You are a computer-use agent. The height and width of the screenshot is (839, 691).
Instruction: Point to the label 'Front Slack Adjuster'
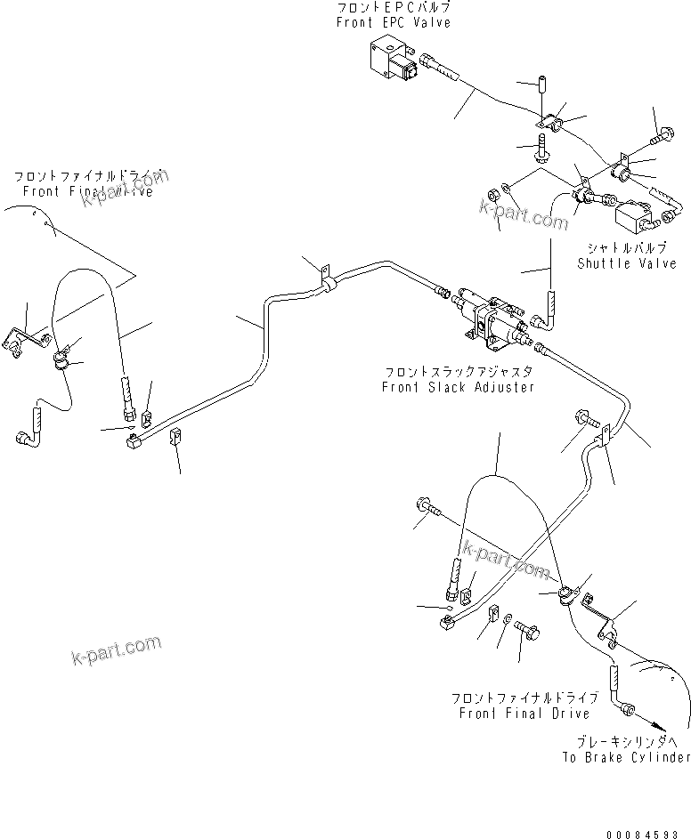point(459,387)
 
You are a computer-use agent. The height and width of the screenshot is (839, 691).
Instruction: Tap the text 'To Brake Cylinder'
point(626,757)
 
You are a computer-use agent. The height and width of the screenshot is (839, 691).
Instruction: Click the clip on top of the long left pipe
point(325,277)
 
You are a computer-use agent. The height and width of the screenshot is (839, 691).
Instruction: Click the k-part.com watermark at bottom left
point(116,649)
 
